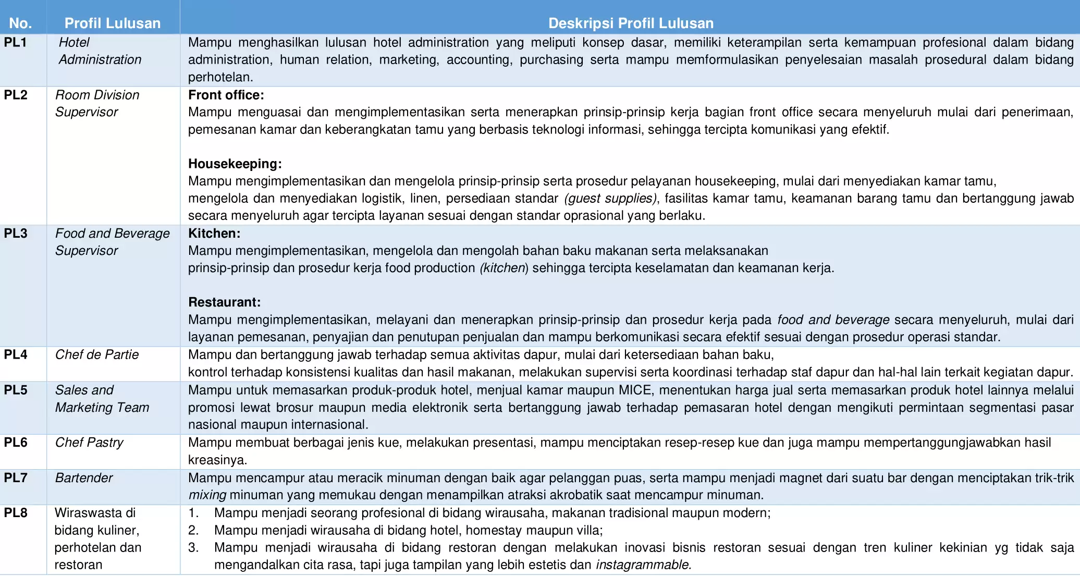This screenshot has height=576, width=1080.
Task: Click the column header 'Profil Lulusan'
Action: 112,23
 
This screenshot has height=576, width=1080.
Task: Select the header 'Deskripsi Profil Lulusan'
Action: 631,23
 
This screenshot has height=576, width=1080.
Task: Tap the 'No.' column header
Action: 20,23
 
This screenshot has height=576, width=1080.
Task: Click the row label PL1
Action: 16,42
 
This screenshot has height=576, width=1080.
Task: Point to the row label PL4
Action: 16,354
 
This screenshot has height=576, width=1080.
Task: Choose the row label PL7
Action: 16,477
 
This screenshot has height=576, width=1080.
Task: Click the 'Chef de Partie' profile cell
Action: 97,354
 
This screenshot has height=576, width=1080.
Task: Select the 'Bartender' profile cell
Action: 84,477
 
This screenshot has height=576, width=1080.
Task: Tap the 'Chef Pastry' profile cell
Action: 89,442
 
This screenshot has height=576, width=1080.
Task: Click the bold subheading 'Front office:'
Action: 226,95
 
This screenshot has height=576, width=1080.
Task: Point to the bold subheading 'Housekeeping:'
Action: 235,164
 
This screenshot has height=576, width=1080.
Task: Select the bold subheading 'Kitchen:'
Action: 214,233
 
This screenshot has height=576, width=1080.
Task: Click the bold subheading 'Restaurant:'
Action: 224,302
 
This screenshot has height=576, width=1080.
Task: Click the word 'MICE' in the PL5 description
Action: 635,390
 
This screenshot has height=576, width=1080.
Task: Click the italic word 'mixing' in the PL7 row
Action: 207,495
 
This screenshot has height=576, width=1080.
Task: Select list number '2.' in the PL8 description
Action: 193,530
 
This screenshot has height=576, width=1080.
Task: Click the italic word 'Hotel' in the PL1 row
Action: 74,42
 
